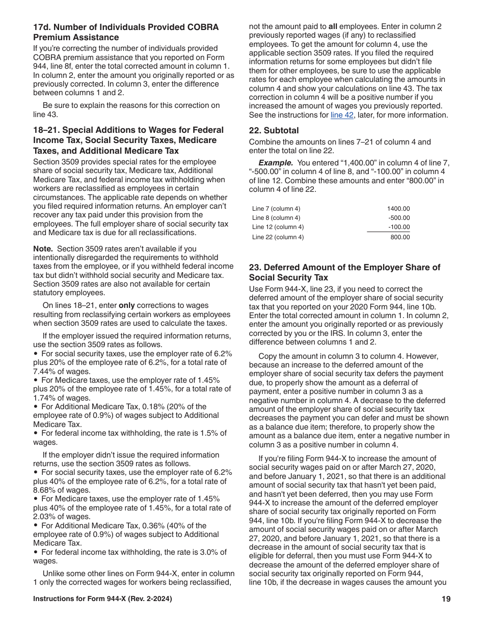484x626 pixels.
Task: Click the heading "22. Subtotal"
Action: pyautogui.click(x=274, y=130)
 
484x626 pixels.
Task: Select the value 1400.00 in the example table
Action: pyautogui.click(x=398, y=209)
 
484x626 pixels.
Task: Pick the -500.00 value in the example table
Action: pyautogui.click(x=399, y=218)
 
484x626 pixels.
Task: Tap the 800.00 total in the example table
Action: pyautogui.click(x=400, y=237)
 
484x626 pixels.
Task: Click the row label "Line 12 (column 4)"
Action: pyautogui.click(x=278, y=227)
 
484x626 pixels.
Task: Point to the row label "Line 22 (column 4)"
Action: pyautogui.click(x=278, y=237)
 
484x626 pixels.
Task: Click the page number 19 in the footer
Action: pyautogui.click(x=446, y=599)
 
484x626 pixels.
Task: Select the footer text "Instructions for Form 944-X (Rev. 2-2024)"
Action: pyautogui.click(x=102, y=599)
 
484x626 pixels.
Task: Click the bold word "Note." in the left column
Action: pyautogui.click(x=43, y=249)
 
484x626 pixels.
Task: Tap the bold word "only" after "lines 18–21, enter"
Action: pyautogui.click(x=127, y=305)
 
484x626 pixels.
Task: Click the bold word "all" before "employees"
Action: pyautogui.click(x=332, y=26)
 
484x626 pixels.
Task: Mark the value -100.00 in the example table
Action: pyautogui.click(x=399, y=227)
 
